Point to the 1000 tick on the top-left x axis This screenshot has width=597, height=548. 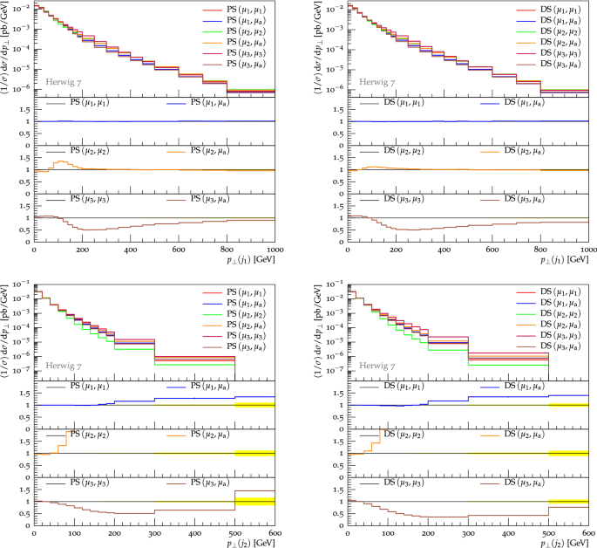[x=273, y=250]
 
